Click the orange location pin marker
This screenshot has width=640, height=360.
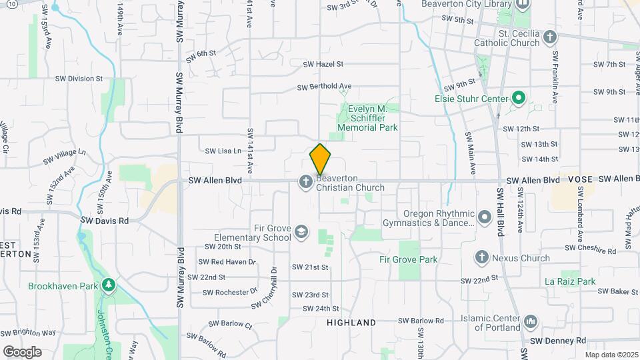[320, 159]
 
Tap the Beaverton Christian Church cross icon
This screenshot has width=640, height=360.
[306, 182]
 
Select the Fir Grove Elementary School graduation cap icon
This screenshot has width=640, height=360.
[302, 231]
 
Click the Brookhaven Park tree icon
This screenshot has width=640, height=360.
[108, 286]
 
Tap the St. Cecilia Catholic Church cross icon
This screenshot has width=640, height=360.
[550, 37]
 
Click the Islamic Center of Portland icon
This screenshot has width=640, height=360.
[531, 322]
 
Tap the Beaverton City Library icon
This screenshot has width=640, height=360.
[522, 5]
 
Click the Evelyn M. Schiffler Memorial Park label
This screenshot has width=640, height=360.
[367, 118]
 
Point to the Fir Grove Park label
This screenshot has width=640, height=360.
[408, 259]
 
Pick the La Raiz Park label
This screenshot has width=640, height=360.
[570, 281]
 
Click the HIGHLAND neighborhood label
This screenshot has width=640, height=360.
[351, 323]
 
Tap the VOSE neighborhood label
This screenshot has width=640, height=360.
[580, 180]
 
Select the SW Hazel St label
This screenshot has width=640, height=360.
[323, 65]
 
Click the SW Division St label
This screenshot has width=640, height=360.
[81, 78]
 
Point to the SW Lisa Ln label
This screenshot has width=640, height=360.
[223, 151]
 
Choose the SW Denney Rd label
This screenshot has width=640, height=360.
[553, 341]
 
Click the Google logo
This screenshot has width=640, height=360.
[22, 351]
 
